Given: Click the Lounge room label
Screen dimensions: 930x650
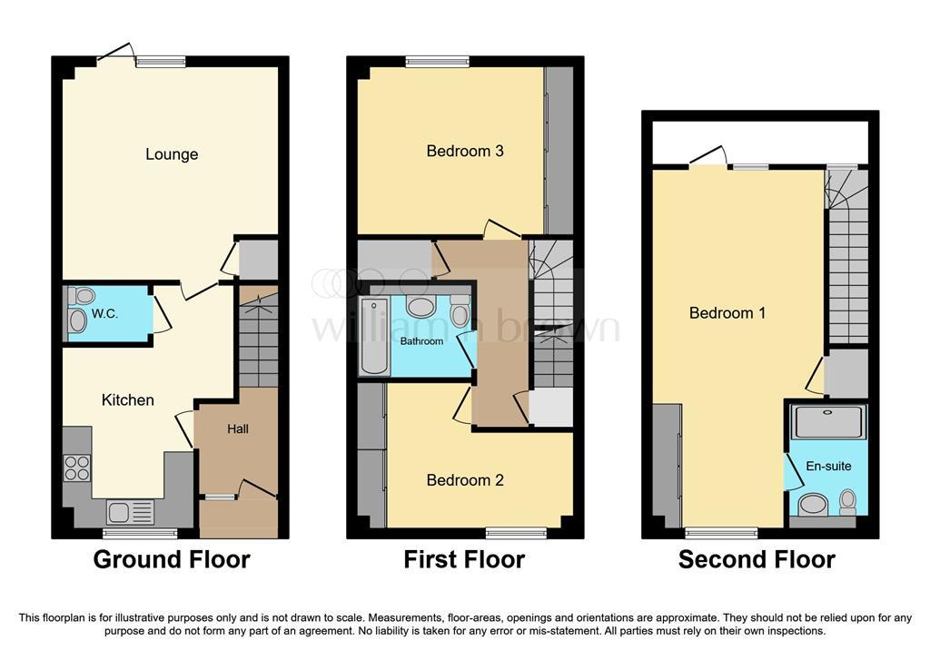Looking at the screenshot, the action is pyautogui.click(x=172, y=154).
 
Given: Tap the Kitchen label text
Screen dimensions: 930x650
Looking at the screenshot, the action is pyautogui.click(x=127, y=399).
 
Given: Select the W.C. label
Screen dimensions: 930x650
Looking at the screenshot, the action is pyautogui.click(x=104, y=314).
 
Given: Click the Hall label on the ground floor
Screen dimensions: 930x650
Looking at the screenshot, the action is pyautogui.click(x=238, y=428).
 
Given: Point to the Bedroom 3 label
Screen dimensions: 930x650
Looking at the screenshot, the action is pyautogui.click(x=465, y=151).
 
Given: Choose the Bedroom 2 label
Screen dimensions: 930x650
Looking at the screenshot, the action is pyautogui.click(x=465, y=480).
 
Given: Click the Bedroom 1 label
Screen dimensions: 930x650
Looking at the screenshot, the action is pyautogui.click(x=727, y=312).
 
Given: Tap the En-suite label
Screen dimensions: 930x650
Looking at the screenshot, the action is pyautogui.click(x=828, y=466).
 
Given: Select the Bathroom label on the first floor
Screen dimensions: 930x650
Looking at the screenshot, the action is pyautogui.click(x=421, y=341).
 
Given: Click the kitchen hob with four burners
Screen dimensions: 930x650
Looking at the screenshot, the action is pyautogui.click(x=78, y=468).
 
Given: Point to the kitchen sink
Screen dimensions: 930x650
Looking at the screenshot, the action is pyautogui.click(x=131, y=512).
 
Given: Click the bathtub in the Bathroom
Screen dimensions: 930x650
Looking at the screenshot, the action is pyautogui.click(x=374, y=336).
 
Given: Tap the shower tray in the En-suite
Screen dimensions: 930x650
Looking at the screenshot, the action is pyautogui.click(x=828, y=421).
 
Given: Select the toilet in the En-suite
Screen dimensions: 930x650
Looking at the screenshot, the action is pyautogui.click(x=848, y=501).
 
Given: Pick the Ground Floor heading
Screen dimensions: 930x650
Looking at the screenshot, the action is pyautogui.click(x=172, y=559).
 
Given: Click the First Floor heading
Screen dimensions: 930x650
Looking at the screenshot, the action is pyautogui.click(x=464, y=559).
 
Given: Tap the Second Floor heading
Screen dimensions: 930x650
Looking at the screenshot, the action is pyautogui.click(x=757, y=559).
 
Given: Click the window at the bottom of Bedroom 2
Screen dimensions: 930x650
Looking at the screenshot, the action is pyautogui.click(x=516, y=533).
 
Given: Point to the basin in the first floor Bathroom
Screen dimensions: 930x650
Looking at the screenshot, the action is pyautogui.click(x=420, y=307).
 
